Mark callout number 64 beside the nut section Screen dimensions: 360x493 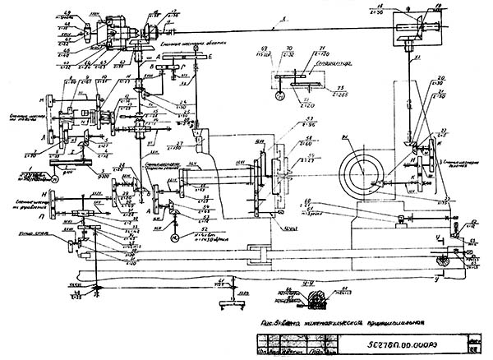point(340,287)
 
